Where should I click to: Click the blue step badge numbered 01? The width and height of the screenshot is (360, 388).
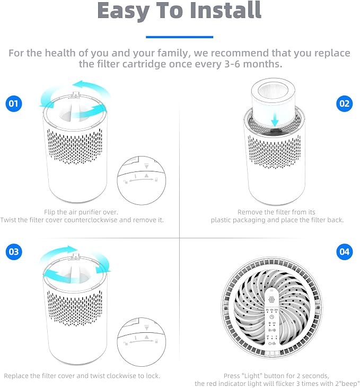click(x=14, y=104)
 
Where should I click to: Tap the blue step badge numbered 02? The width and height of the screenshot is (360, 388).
click(x=345, y=104)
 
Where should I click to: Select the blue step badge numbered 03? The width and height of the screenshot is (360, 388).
click(x=14, y=252)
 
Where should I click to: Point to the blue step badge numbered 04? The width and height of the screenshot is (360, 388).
click(x=345, y=252)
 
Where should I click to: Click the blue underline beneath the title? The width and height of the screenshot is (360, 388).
click(x=180, y=37)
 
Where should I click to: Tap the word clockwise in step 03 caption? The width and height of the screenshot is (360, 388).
click(x=121, y=376)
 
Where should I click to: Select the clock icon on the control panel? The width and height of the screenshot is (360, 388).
click(x=271, y=317)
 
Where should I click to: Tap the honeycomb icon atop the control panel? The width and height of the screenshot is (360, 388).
click(x=271, y=299)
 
